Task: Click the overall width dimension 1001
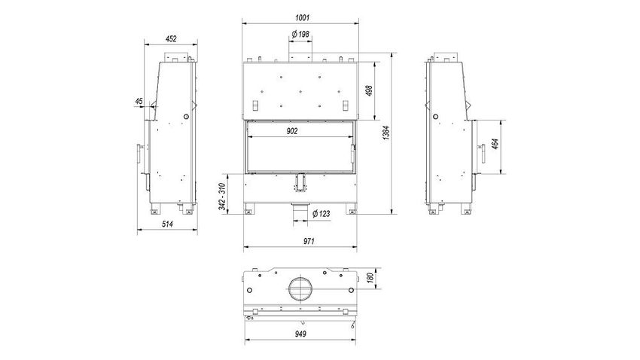pos(302,17)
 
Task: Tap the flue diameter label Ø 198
pos(301,35)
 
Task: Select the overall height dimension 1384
pos(386,133)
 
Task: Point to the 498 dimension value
pos(369,90)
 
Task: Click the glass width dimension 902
pos(292,131)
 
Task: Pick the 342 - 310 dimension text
pos(222,197)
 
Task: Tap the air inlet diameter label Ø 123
pos(322,213)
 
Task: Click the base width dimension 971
pos(309,241)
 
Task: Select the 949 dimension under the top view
pos(300,334)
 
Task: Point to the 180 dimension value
pos(370,278)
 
